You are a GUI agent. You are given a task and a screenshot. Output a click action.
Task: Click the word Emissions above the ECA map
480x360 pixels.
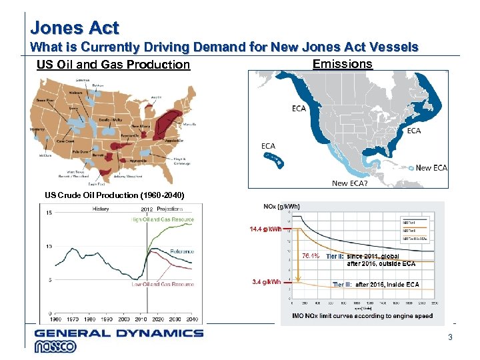[x=342, y=63]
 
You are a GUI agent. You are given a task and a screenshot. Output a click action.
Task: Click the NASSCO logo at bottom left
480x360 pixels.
[x=56, y=347]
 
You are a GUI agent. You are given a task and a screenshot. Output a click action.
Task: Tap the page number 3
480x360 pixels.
[x=450, y=337]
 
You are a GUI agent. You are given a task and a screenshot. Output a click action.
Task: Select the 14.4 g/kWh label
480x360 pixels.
[x=265, y=229]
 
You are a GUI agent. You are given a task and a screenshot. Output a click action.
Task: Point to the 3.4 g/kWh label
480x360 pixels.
[x=266, y=281]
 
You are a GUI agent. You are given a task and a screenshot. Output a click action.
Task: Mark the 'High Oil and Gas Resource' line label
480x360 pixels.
[x=163, y=219]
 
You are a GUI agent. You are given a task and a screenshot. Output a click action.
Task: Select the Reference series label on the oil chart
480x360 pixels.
[x=182, y=251]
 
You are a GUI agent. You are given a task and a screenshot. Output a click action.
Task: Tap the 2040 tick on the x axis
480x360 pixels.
[x=193, y=319]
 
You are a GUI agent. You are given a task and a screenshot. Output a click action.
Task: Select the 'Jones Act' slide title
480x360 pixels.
[x=75, y=28]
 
